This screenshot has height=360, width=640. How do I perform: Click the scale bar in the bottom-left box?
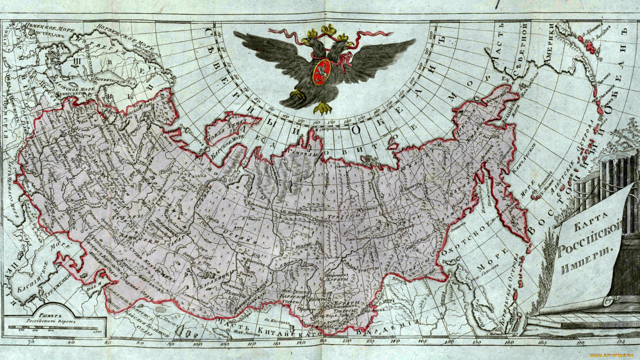coord(55,330)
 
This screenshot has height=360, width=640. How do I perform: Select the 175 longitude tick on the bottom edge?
coord(621,342)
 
